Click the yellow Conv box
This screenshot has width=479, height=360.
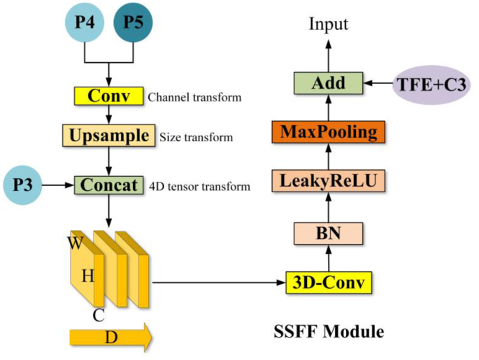pyautogui.click(x=108, y=96)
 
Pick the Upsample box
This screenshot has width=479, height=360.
pyautogui.click(x=108, y=135)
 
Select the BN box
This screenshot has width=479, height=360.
pyautogui.click(x=329, y=233)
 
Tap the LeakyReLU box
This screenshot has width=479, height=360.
pyautogui.click(x=329, y=182)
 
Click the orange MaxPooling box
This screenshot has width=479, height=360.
pyautogui.click(x=329, y=131)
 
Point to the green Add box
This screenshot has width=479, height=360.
pyautogui.click(x=329, y=84)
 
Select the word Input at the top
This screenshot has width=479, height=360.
pyautogui.click(x=329, y=24)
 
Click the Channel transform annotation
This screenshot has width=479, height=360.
pyautogui.click(x=194, y=97)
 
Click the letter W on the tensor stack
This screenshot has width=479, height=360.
pyautogui.click(x=75, y=243)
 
